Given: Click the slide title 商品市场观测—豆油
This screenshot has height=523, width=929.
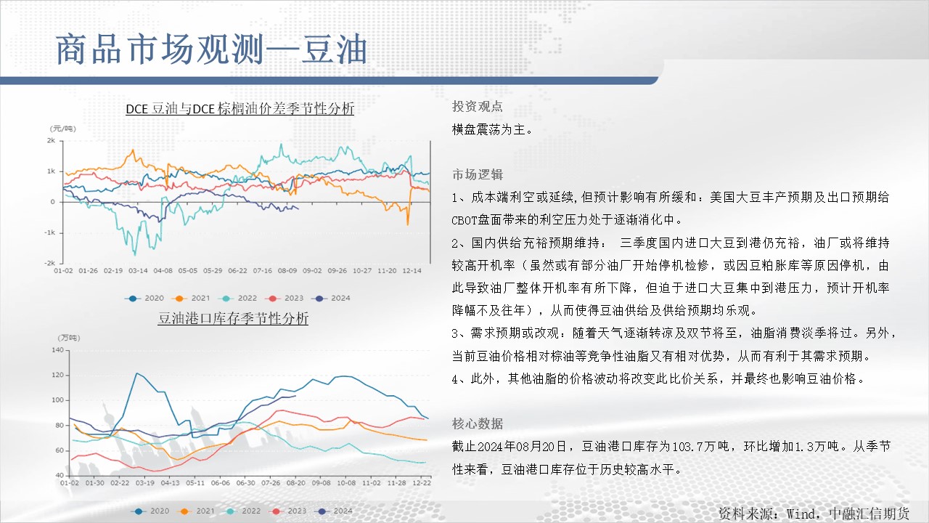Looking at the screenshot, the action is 211,50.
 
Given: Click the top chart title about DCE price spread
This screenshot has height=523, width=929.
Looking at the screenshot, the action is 240,109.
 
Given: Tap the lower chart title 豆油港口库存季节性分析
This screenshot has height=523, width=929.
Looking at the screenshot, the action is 233,318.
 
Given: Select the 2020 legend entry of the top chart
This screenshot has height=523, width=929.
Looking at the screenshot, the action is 144,298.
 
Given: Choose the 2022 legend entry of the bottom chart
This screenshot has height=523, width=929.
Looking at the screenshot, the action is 242,511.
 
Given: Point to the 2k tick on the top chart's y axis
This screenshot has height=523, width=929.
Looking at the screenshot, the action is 51,141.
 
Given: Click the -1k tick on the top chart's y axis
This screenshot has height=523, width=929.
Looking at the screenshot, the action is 50,232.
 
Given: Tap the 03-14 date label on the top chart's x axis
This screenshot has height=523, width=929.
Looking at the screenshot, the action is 138,271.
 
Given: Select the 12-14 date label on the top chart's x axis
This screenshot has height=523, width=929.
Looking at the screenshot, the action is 412,271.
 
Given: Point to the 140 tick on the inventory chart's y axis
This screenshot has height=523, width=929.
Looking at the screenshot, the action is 57,350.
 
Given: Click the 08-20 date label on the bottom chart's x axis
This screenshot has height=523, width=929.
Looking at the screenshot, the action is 295,483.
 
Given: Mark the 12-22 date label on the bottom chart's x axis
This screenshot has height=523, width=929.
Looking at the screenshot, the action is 422,483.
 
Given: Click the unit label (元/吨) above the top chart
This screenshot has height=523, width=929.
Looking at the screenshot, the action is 63,129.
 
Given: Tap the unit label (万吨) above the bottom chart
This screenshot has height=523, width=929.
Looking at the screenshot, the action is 69,338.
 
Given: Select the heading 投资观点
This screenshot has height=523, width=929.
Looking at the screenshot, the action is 478,107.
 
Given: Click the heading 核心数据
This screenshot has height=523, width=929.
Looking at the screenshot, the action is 478,423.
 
